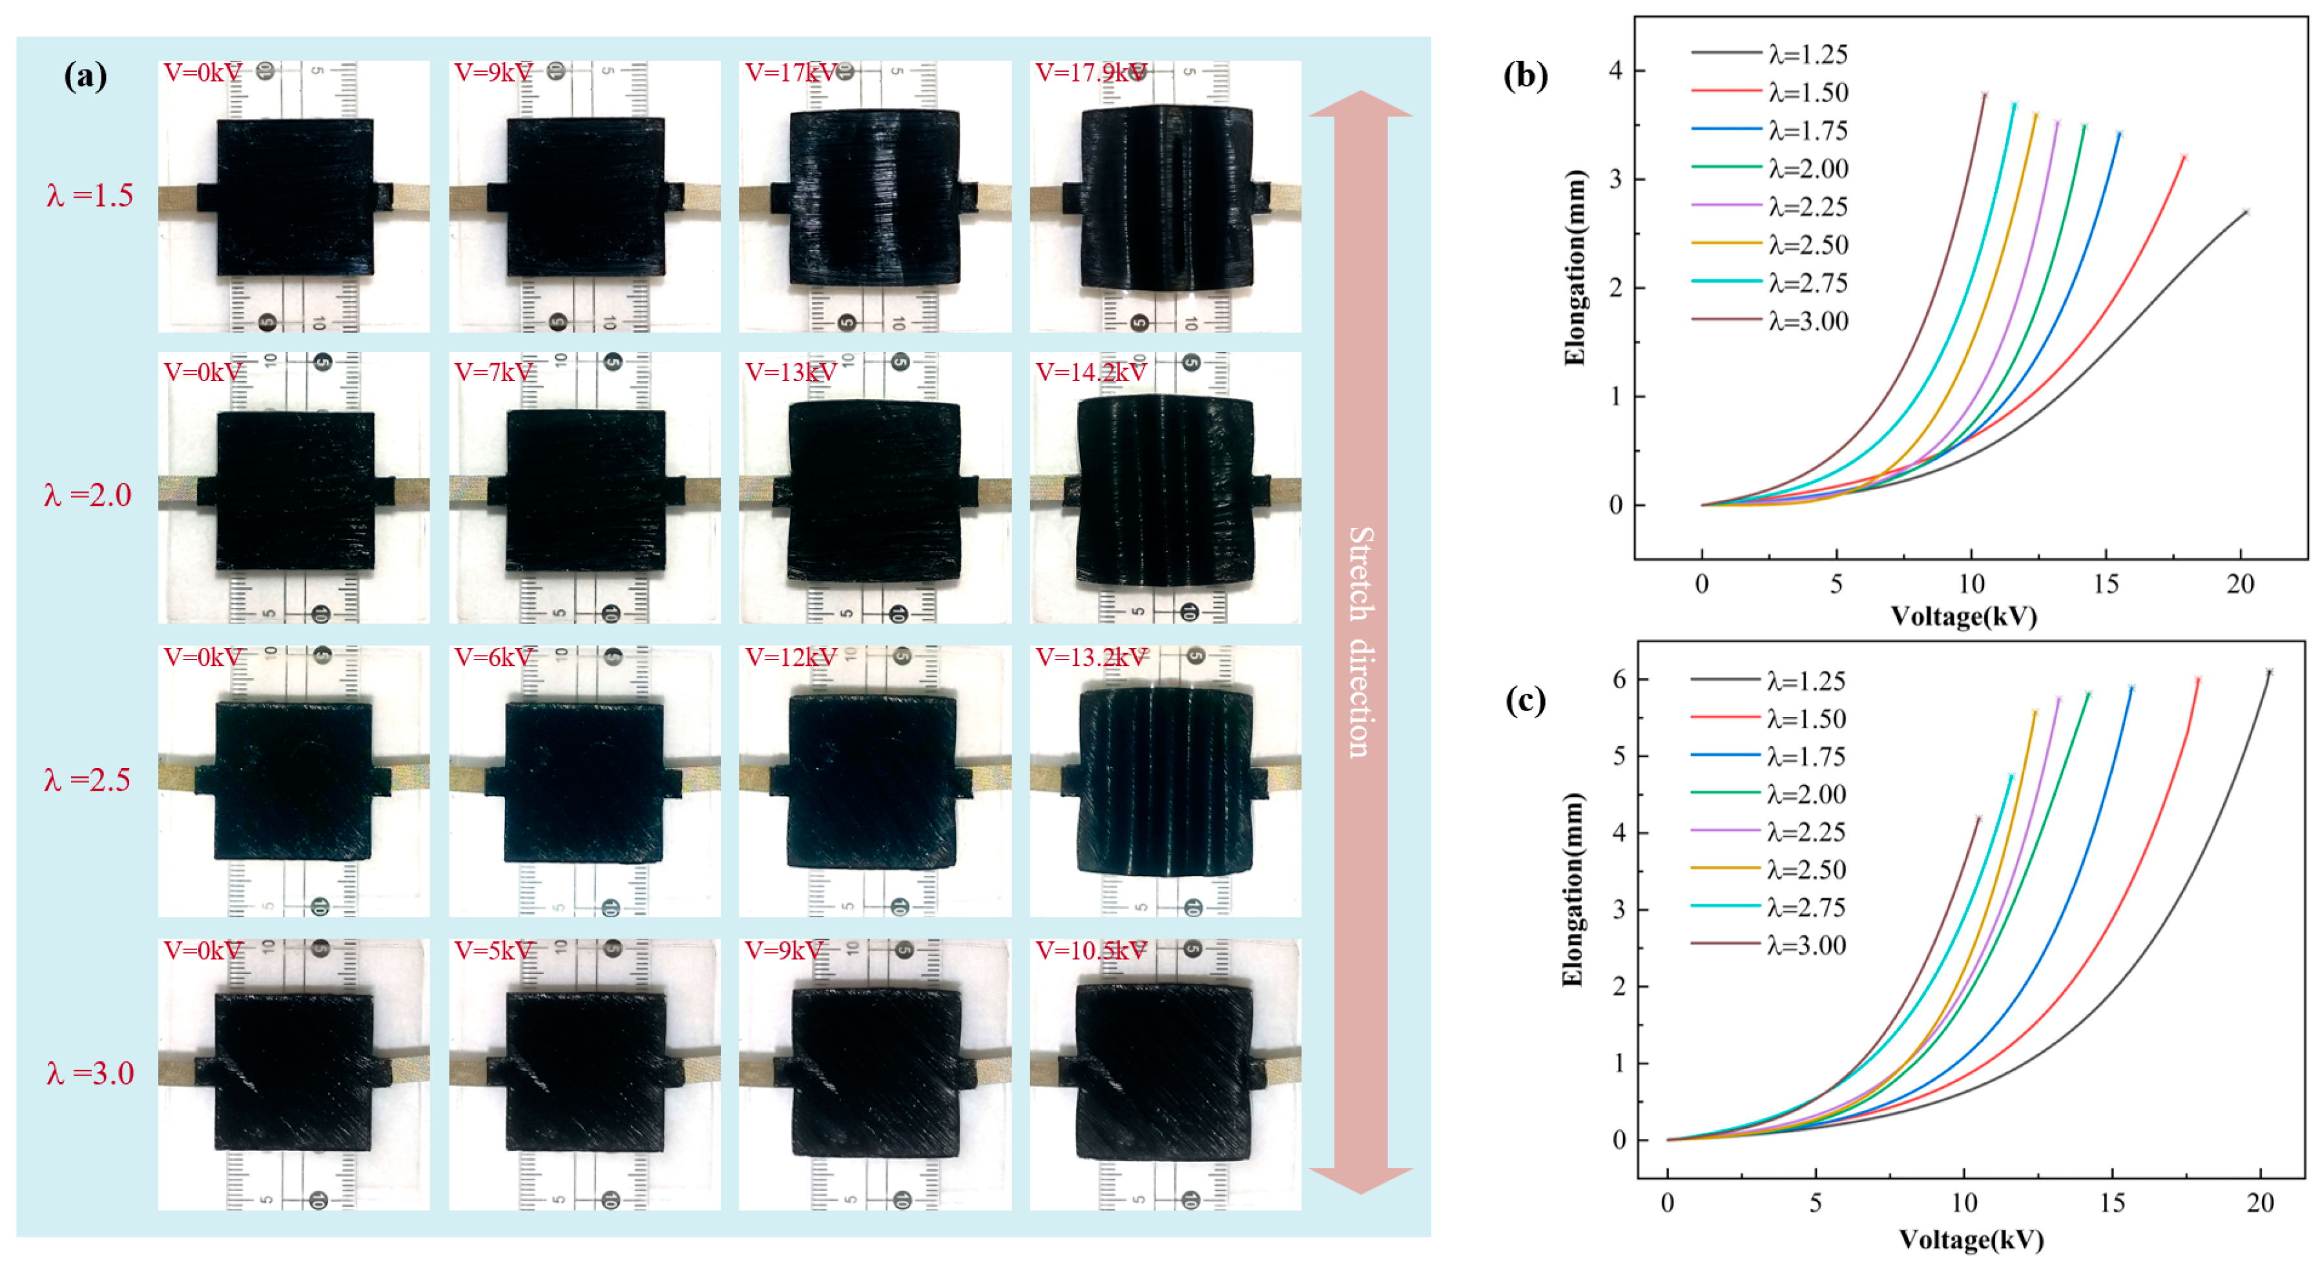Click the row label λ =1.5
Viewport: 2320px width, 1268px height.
[90, 196]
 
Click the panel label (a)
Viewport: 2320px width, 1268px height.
[85, 76]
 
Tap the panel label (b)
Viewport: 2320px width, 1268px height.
[1526, 76]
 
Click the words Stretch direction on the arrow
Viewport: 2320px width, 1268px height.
[1360, 641]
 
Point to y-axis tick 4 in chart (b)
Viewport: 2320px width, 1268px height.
[1616, 70]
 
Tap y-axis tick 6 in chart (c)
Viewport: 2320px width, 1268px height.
[1619, 679]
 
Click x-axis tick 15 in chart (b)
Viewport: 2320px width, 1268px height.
[2106, 585]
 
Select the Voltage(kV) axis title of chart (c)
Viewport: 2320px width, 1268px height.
[1971, 1240]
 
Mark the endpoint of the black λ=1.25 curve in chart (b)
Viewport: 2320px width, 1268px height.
[2245, 212]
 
